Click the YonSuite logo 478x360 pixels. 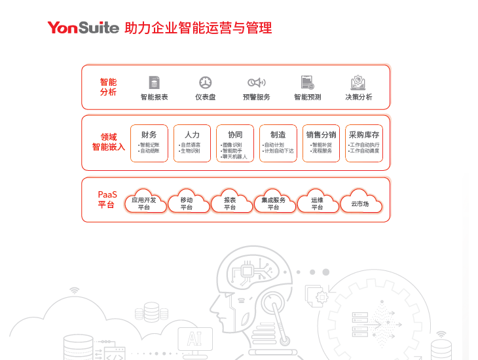(83, 27)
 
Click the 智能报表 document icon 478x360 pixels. (155, 82)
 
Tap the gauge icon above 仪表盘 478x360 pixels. (206, 82)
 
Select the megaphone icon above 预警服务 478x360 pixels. (256, 82)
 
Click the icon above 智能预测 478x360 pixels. (307, 82)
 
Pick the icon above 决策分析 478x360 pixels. (358, 82)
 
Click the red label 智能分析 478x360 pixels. (108, 87)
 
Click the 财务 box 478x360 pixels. (149, 143)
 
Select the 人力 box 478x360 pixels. (192, 143)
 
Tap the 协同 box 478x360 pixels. (234, 143)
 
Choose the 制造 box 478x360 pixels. (278, 143)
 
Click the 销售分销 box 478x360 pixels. (321, 143)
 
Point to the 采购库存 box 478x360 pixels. (364, 143)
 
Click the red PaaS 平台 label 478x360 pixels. (107, 200)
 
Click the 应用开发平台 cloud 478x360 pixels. (144, 202)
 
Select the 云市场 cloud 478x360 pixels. (361, 202)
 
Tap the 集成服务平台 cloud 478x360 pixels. (274, 202)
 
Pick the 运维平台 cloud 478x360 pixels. (317, 202)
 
